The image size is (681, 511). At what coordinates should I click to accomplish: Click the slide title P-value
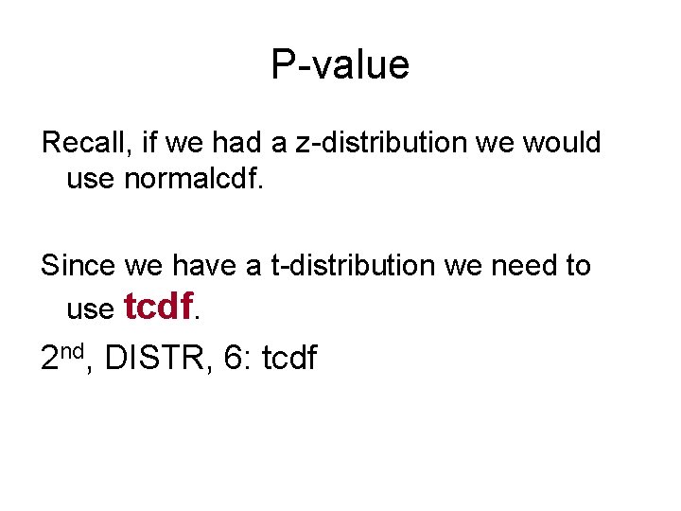coord(340,65)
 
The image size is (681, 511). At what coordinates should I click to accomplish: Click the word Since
coord(75,266)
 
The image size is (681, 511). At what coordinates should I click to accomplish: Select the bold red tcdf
coord(159,306)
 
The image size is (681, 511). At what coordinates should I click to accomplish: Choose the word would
coord(561,143)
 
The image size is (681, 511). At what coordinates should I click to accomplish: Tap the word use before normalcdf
coord(91,177)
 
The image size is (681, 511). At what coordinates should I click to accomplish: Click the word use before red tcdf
coord(91,308)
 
